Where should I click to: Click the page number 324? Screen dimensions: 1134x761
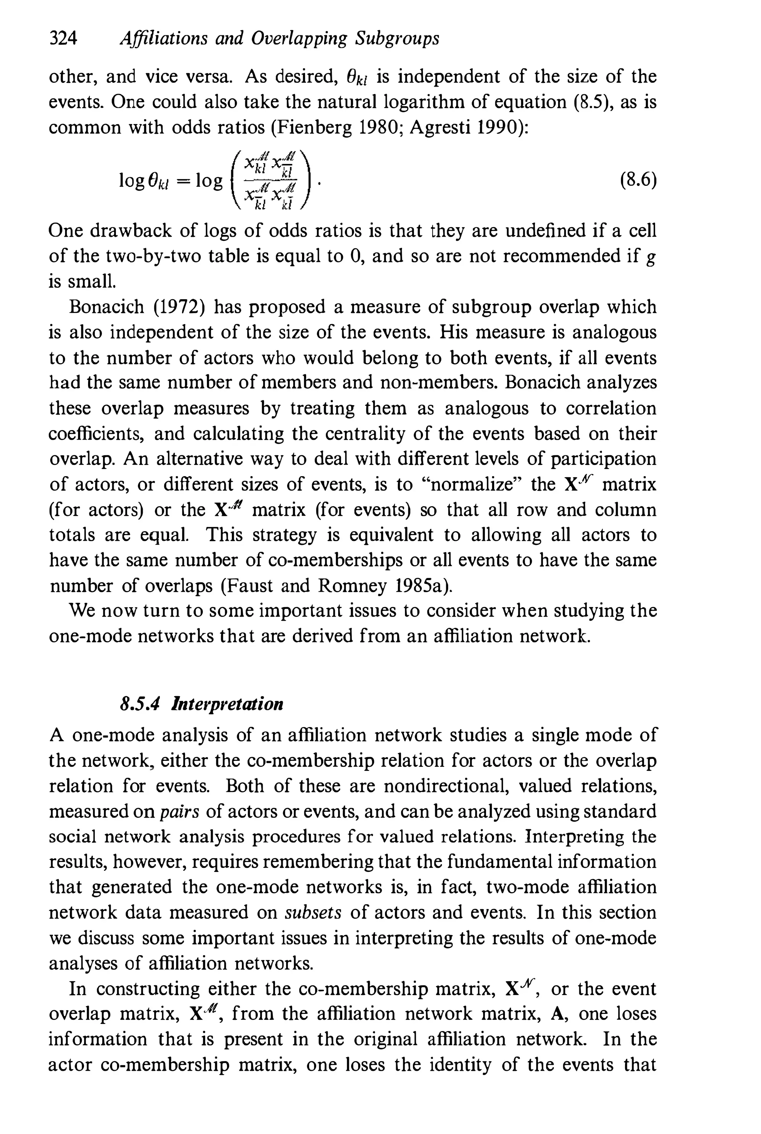click(64, 38)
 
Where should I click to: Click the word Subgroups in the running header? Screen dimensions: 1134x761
click(397, 38)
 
